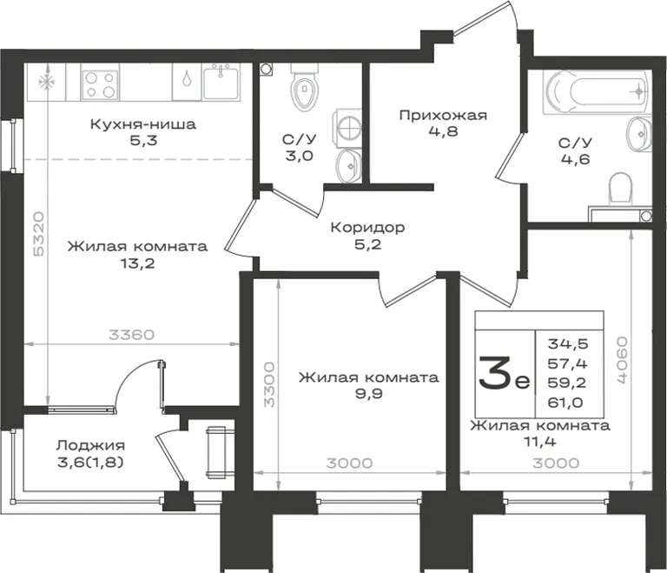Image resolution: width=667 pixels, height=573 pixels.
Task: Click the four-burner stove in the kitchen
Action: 100,84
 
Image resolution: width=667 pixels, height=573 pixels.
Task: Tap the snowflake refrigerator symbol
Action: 44,83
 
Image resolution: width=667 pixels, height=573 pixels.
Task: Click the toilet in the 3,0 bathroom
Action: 305,86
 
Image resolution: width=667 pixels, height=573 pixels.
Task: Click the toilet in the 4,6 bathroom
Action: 621,190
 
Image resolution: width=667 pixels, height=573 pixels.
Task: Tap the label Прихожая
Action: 443,115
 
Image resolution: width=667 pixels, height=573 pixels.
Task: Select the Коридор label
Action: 367,228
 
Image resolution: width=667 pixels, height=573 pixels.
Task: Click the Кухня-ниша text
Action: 143,124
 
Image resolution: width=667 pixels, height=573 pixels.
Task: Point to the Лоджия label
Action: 90,446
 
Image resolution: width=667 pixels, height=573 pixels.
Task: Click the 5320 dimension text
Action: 39,234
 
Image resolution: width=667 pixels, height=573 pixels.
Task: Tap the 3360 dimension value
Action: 131,335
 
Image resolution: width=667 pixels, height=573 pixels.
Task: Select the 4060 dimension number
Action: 622,361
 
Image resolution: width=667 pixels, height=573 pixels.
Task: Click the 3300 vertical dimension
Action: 269,385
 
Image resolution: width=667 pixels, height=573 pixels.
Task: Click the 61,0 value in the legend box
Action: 565,403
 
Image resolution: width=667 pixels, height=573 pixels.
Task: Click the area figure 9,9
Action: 369,394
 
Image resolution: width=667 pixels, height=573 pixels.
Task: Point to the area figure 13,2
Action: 137,263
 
